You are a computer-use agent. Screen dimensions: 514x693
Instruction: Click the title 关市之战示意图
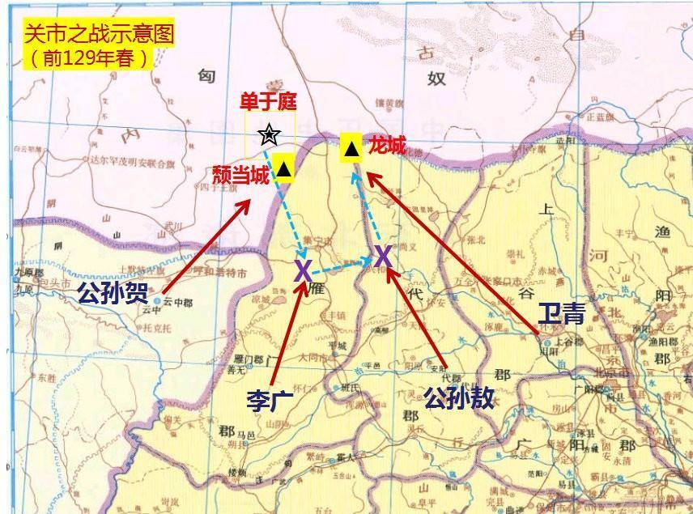[98, 35]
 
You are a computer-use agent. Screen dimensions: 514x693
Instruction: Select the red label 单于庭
[267, 101]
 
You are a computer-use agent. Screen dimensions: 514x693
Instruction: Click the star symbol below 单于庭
[268, 134]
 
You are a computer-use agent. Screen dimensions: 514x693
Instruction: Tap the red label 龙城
[386, 147]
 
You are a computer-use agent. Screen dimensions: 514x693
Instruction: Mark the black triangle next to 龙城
[351, 149]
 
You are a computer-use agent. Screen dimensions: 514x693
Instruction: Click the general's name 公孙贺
[113, 293]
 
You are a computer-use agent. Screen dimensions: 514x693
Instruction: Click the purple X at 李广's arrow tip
[303, 270]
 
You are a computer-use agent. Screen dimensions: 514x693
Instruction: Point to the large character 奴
[460, 79]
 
